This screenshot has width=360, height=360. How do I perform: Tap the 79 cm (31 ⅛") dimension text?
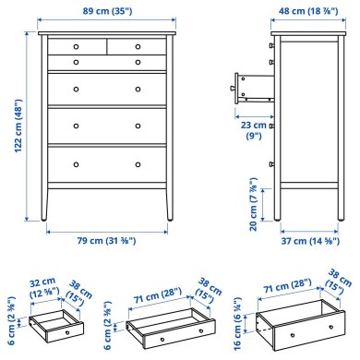coord(107,240)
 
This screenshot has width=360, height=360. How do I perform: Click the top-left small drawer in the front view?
coord(76,45)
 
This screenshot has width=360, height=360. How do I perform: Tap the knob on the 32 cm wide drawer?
coord(65,329)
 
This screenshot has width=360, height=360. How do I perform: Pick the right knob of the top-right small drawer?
coord(138,45)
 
